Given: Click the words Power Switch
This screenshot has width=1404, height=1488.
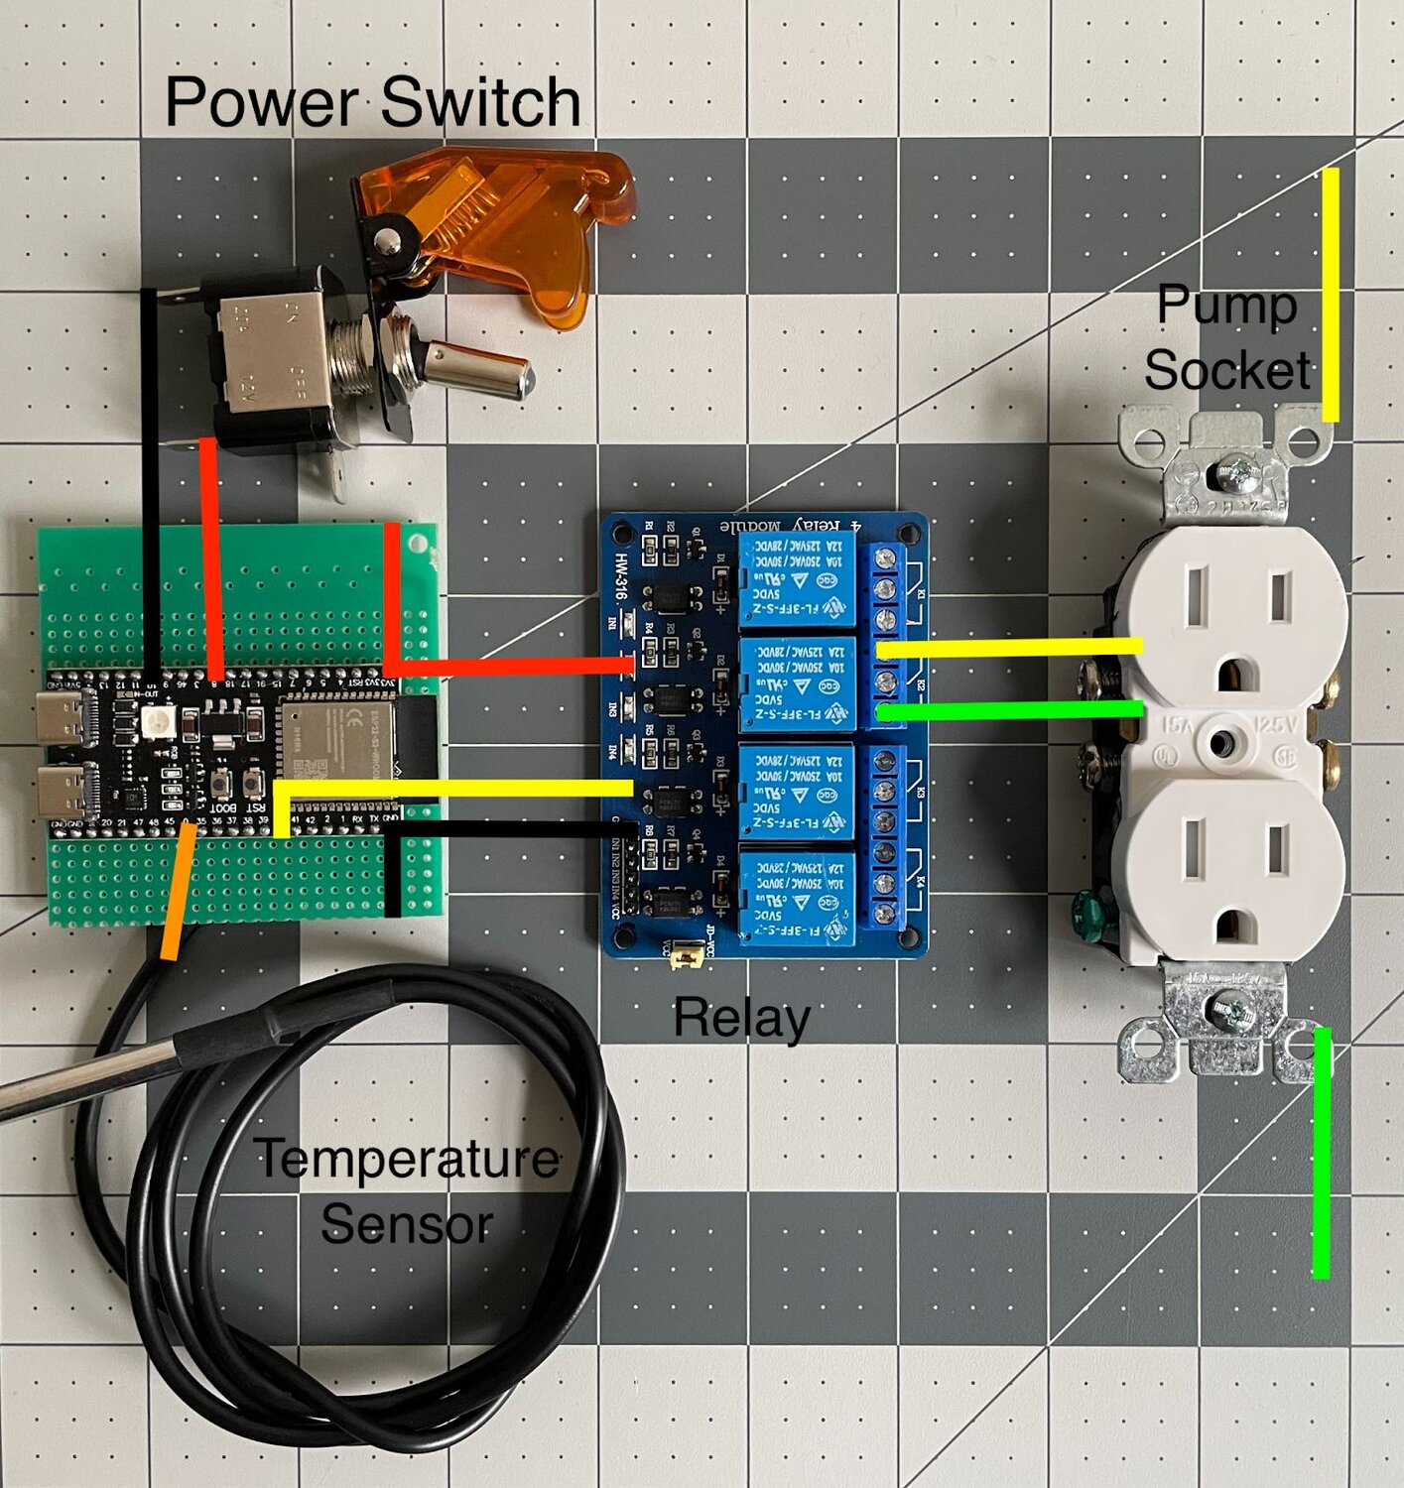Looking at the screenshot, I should pyautogui.click(x=372, y=102).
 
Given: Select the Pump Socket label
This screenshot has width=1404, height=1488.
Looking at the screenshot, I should pyautogui.click(x=1227, y=337).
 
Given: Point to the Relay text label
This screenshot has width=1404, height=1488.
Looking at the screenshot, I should pyautogui.click(x=741, y=1018).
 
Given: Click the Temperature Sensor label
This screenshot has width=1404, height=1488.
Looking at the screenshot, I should pyautogui.click(x=407, y=1190).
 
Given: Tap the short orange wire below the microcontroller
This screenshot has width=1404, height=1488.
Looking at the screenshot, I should pyautogui.click(x=177, y=893).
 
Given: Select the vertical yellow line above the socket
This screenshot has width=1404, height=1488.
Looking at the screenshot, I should pyautogui.click(x=1330, y=294).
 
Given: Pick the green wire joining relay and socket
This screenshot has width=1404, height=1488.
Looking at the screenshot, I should pyautogui.click(x=1012, y=710).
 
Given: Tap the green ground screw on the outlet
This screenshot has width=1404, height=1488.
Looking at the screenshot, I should pyautogui.click(x=1085, y=914).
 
